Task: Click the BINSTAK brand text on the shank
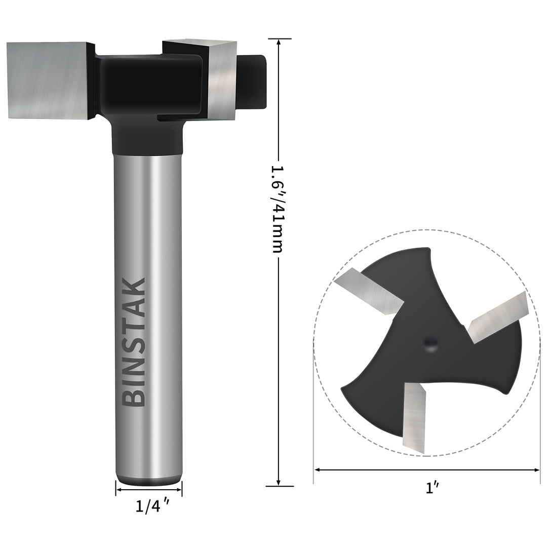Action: coord(135,342)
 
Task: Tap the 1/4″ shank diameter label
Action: coord(148,506)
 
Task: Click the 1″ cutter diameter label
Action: coord(432,488)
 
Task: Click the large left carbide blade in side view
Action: coord(48,80)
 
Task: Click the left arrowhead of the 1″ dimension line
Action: coord(318,470)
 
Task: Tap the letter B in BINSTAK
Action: coord(135,397)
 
